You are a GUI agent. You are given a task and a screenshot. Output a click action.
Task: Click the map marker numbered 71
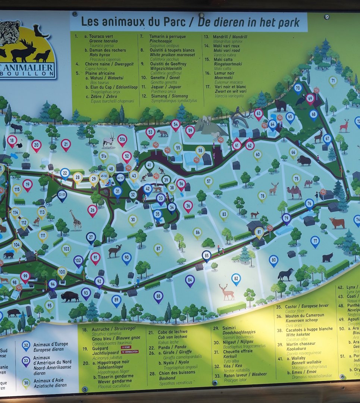point(333,81)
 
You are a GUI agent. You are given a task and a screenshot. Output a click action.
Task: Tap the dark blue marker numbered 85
point(206,255)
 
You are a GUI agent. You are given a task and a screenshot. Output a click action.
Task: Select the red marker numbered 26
point(92,210)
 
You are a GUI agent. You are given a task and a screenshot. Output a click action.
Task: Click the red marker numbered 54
point(175,124)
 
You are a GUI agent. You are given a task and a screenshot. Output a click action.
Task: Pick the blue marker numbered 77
point(315,241)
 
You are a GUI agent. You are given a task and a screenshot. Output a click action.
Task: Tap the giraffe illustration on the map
point(76,220)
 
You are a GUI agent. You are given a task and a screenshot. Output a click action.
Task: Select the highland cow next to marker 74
point(337,223)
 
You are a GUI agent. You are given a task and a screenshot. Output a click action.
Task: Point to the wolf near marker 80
point(285,274)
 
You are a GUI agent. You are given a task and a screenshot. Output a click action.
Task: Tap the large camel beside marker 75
point(294,192)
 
